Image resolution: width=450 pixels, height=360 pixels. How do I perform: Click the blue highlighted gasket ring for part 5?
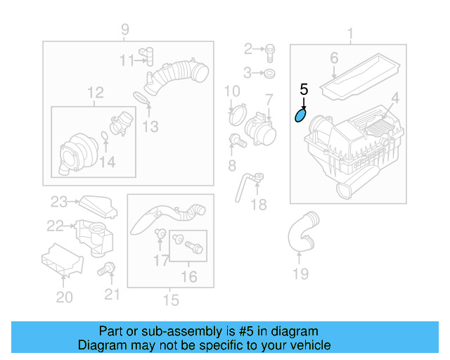pyautogui.click(x=300, y=114)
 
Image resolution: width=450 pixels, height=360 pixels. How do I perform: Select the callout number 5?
pyautogui.click(x=304, y=89)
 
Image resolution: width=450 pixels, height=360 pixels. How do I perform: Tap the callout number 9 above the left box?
pyautogui.click(x=125, y=30)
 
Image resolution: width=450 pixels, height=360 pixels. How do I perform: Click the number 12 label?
pyautogui.click(x=95, y=92)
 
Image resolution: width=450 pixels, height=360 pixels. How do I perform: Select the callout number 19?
pyautogui.click(x=300, y=274)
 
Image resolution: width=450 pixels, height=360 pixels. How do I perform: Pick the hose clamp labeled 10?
pyautogui.click(x=236, y=110)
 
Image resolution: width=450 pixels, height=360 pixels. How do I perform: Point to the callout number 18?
pyautogui.click(x=259, y=205)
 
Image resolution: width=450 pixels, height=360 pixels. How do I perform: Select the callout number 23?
pyautogui.click(x=59, y=202)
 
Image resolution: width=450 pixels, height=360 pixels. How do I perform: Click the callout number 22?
pyautogui.click(x=55, y=226)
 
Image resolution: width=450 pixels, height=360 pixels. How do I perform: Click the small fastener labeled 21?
pyautogui.click(x=108, y=268)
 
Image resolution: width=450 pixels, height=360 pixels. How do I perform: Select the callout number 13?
pyautogui.click(x=150, y=127)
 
